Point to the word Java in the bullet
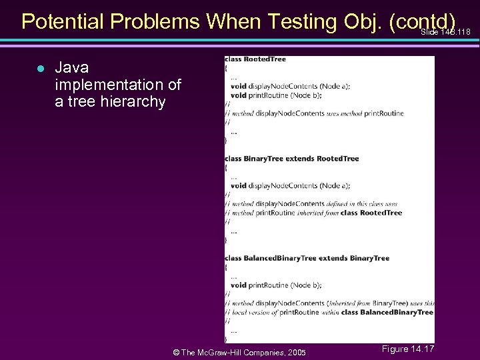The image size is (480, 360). tap(71, 68)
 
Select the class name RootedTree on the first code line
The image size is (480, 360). tap(265, 59)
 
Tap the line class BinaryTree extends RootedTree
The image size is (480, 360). tap(292, 159)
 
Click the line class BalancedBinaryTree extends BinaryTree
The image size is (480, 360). tap(307, 258)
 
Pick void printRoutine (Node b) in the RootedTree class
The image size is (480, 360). tap(276, 95)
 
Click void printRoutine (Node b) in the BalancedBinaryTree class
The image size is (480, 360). tap(276, 285)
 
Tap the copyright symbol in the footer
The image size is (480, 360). tap(175, 353)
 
